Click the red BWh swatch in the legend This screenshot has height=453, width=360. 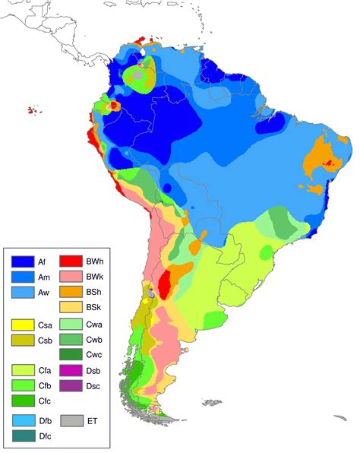tap(70, 261)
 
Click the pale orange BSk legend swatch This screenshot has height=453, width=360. tap(70, 307)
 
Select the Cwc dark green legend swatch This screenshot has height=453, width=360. tap(70, 355)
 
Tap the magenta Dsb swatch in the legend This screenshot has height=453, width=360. tap(70, 371)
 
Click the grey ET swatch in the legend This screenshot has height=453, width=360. tap(70, 420)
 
